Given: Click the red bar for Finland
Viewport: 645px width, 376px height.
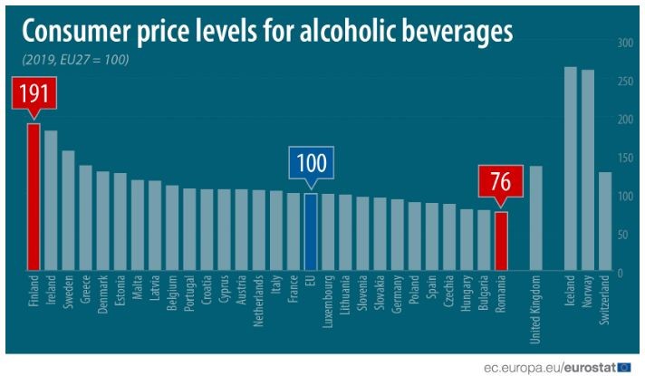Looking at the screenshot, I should (x=34, y=197).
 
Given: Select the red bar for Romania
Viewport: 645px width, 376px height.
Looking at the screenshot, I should (x=500, y=241).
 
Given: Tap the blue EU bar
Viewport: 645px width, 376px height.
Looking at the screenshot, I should (x=311, y=232).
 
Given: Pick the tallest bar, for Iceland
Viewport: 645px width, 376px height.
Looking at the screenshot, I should (x=571, y=169).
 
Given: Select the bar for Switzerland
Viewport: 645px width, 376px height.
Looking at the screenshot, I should (x=605, y=221).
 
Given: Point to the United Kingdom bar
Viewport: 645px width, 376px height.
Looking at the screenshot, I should (x=535, y=217).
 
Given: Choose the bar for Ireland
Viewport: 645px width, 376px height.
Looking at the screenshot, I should (x=51, y=200).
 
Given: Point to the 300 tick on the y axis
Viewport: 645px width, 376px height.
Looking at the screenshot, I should (x=625, y=43).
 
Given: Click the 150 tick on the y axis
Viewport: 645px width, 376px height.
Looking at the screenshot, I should (x=625, y=158).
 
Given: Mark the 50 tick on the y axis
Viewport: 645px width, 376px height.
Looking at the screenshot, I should (x=625, y=235).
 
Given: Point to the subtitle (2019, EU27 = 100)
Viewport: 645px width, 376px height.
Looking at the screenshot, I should (x=75, y=59).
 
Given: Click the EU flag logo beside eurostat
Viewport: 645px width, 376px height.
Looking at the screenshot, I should (x=623, y=366).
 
